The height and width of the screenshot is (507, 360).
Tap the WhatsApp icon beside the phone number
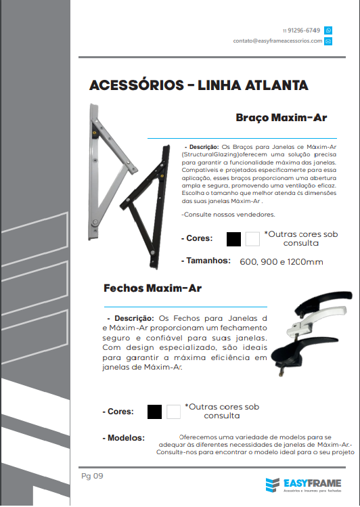coord(328,30)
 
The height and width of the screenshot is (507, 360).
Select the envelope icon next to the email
coord(328,41)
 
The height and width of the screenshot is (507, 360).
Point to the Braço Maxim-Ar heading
coord(281,117)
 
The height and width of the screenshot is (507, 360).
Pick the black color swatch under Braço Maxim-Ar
coord(234,239)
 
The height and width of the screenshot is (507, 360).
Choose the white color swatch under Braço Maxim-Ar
coord(252,239)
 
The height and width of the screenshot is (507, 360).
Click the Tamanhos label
coord(208,261)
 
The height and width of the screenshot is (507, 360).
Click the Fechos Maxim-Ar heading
coord(152,288)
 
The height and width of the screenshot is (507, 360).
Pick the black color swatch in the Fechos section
coord(155,411)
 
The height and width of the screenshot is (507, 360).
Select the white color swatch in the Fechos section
coord(173,411)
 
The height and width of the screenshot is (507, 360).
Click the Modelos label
coord(126,438)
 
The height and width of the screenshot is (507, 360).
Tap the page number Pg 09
coord(92,476)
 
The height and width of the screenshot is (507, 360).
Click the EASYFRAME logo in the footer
coord(304,485)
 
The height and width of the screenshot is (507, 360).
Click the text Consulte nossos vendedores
coord(228,215)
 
